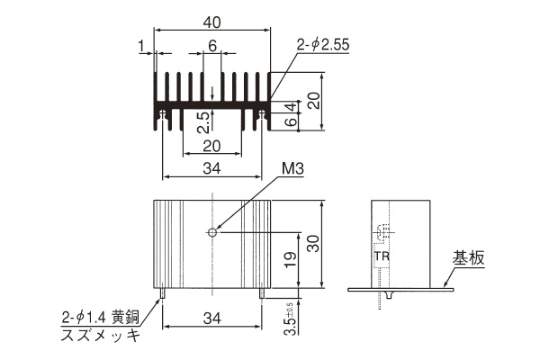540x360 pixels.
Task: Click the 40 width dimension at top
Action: pyautogui.click(x=211, y=22)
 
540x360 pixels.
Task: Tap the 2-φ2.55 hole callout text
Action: pyautogui.click(x=323, y=45)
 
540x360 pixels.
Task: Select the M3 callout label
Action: pyautogui.click(x=292, y=169)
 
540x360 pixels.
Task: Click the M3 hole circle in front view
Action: pyautogui.click(x=212, y=232)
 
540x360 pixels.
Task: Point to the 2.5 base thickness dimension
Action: pyautogui.click(x=203, y=122)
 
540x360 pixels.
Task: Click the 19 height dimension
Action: pyautogui.click(x=291, y=260)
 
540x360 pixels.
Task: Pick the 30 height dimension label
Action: pyautogui.click(x=313, y=244)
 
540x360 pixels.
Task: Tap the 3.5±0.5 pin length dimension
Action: pyautogui.click(x=290, y=319)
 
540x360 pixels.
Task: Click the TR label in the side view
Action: pyautogui.click(x=382, y=256)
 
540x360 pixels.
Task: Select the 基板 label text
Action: pyautogui.click(x=468, y=257)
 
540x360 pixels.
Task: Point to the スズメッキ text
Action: pyautogui.click(x=101, y=335)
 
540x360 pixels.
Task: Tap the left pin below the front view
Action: pyautogui.click(x=162, y=293)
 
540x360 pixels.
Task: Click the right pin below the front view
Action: pyautogui.click(x=262, y=293)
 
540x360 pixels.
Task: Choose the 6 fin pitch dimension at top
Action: pyautogui.click(x=212, y=46)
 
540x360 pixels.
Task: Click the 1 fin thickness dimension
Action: pyautogui.click(x=141, y=47)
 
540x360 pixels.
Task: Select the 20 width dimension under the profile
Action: pyautogui.click(x=211, y=146)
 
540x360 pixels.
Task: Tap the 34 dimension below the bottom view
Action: pyautogui.click(x=211, y=319)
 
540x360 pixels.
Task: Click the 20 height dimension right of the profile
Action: pyautogui.click(x=314, y=101)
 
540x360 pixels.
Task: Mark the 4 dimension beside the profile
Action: pyautogui.click(x=292, y=107)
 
